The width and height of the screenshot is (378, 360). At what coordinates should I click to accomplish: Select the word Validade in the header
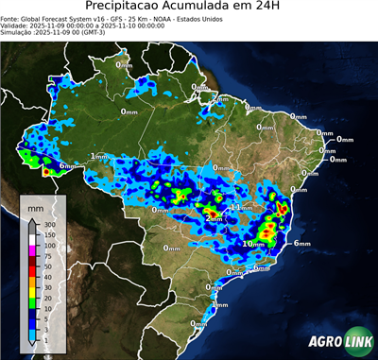coord(16,26)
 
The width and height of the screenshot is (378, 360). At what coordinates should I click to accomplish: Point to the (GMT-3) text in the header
coord(97,33)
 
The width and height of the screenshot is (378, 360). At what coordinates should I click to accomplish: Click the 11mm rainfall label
coord(242,207)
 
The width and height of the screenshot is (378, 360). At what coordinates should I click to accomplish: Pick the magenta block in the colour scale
coord(32,249)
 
